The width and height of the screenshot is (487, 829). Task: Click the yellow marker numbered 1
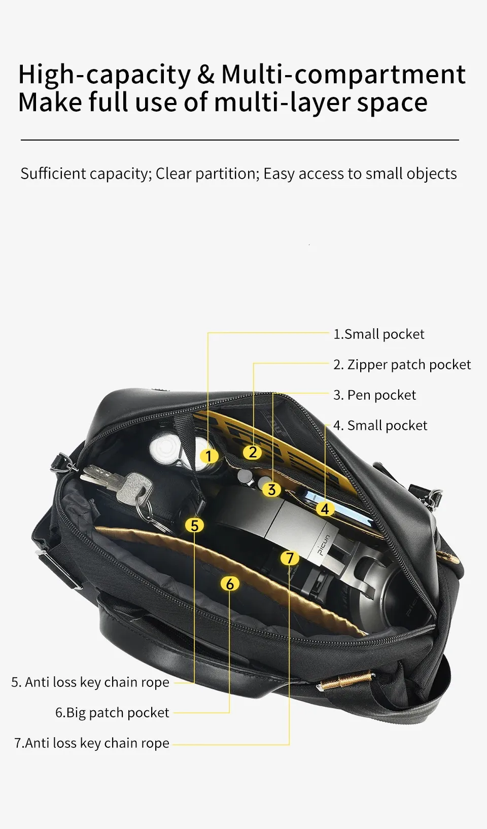[208, 456]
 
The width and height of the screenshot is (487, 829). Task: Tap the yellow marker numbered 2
[253, 452]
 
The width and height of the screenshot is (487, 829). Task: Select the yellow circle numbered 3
[271, 489]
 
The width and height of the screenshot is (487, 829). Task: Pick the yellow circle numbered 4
[325, 509]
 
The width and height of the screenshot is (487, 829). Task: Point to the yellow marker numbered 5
[195, 525]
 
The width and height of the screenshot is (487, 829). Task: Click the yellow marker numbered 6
[230, 583]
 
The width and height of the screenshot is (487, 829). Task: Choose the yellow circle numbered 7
[290, 558]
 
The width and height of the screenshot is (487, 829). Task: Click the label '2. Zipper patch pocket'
[402, 365]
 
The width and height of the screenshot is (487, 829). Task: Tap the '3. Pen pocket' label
[374, 395]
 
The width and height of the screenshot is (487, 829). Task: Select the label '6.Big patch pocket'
[112, 713]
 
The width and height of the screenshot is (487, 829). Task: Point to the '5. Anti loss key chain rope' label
[90, 682]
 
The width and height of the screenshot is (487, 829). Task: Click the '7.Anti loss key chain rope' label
[92, 743]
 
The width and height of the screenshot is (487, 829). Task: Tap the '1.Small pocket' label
[378, 334]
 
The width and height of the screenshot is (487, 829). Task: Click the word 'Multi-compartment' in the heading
[343, 75]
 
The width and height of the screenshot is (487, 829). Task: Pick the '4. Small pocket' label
[380, 426]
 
